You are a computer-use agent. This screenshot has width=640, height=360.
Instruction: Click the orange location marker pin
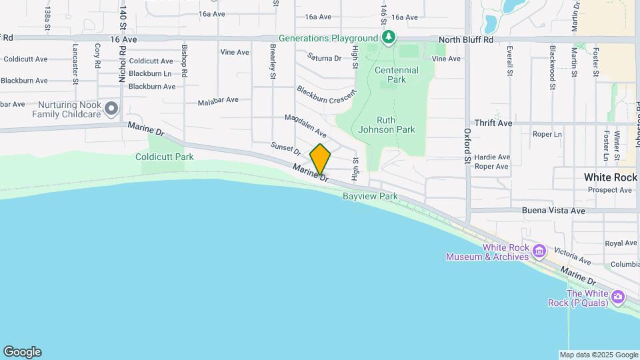pyautogui.click(x=320, y=159)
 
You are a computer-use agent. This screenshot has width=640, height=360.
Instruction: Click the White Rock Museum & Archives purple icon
pyautogui.click(x=539, y=251)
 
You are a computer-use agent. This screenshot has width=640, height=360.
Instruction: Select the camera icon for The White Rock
pyautogui.click(x=617, y=296)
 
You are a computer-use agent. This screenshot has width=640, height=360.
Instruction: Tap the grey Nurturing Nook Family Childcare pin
pyautogui.click(x=111, y=108)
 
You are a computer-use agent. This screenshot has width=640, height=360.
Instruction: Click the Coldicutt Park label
pyautogui.click(x=164, y=157)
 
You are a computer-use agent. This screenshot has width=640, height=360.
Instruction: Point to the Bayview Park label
pyautogui.click(x=370, y=196)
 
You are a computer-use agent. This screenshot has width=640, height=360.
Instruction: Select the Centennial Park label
pyautogui.click(x=397, y=75)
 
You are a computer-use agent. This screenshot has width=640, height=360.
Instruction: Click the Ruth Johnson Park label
pyautogui.click(x=387, y=125)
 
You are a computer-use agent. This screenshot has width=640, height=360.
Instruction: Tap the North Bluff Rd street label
pyautogui.click(x=466, y=40)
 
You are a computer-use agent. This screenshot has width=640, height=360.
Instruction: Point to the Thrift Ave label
pyautogui.click(x=493, y=123)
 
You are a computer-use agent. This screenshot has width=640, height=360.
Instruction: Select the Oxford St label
pyautogui.click(x=467, y=147)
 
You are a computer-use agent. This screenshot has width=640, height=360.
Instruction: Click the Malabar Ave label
pyautogui.click(x=217, y=101)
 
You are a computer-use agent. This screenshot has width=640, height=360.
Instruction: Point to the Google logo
pyautogui.click(x=22, y=352)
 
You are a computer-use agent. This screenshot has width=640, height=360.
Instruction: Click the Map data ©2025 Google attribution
pyautogui.click(x=599, y=355)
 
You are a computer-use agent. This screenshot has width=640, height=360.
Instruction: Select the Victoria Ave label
pyautogui.click(x=571, y=258)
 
